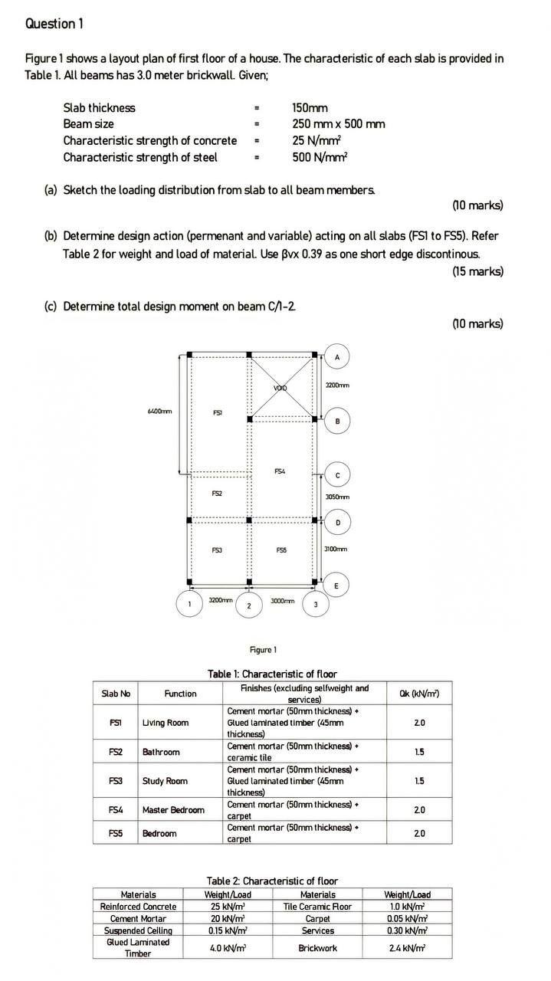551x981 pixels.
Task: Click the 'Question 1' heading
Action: pos(54,24)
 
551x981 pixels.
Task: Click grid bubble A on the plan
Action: pos(337,356)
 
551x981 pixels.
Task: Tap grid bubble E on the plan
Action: pos(336,586)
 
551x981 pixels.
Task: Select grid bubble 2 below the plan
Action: pos(248,605)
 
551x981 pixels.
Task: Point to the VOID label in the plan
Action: pos(280,389)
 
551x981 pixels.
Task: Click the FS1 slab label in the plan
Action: pos(218,412)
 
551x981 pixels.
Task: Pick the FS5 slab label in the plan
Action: pos(280,550)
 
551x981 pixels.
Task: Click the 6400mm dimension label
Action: pos(159,412)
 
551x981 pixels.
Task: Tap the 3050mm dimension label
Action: pos(337,497)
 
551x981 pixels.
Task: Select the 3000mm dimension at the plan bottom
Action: pos(282,601)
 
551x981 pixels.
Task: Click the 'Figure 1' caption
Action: pos(264,650)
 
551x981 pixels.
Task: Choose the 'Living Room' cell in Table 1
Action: pos(165,723)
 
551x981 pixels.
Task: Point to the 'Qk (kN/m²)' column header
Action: pos(418,694)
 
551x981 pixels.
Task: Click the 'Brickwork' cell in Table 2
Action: pos(317,948)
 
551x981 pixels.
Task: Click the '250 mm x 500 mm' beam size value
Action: pos(338,124)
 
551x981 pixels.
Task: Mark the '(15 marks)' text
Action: pos(477,271)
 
